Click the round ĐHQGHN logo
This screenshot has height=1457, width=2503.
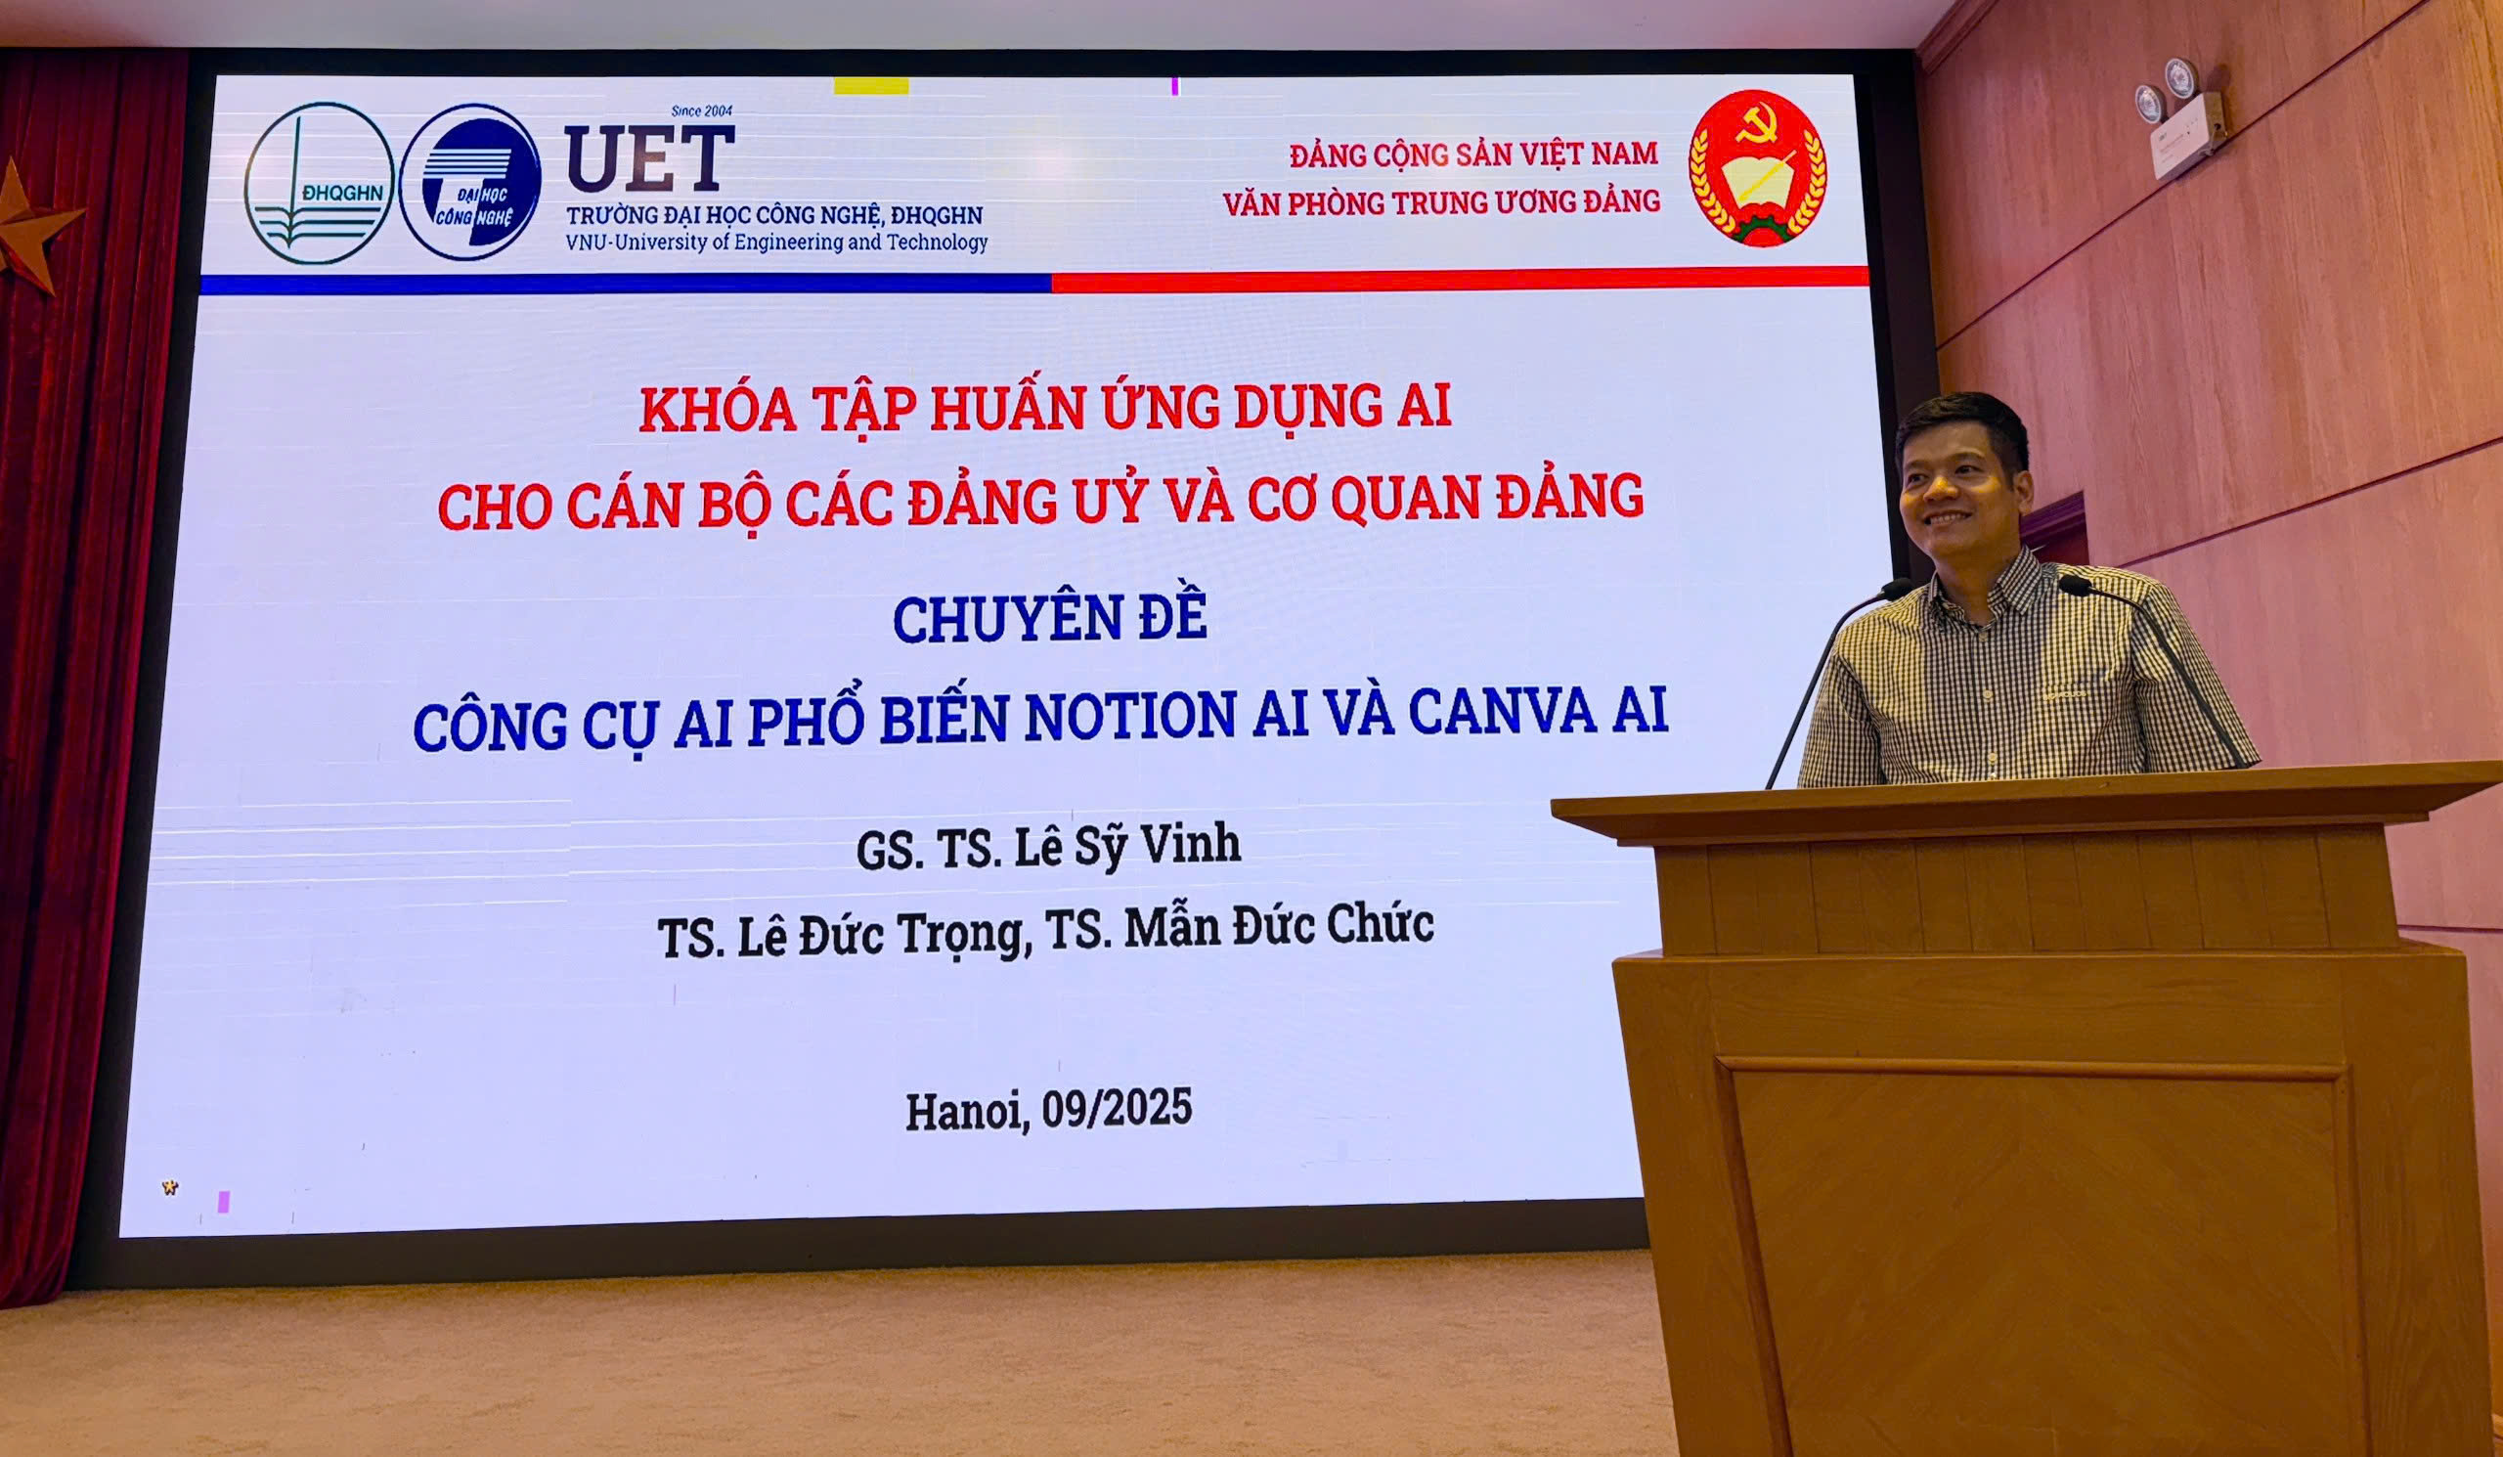point(319,184)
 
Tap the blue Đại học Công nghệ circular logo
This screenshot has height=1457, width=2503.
point(470,184)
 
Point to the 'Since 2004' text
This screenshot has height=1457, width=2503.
point(701,111)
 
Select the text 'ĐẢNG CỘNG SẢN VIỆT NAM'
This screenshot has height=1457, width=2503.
point(1474,155)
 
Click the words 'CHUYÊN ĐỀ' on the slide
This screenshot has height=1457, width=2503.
point(1050,618)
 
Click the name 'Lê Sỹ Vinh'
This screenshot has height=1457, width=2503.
point(1127,847)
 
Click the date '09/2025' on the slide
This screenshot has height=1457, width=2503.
point(1117,1108)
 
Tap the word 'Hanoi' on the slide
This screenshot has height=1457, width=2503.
point(967,1112)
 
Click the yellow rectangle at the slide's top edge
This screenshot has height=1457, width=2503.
point(871,86)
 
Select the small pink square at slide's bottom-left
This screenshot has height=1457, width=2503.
point(224,1202)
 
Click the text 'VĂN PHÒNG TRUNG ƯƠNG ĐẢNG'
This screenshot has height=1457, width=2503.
point(1441,202)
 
